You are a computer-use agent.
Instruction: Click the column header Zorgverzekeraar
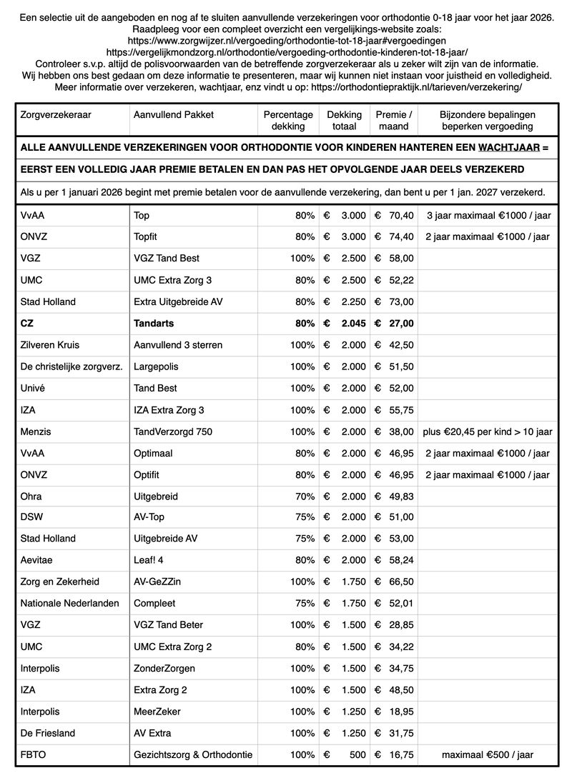pyautogui.click(x=56, y=114)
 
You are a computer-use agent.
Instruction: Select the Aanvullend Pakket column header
pyautogui.click(x=173, y=114)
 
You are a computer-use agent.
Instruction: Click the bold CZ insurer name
pyautogui.click(x=27, y=323)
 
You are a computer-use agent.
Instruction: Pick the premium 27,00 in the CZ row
pyautogui.click(x=399, y=323)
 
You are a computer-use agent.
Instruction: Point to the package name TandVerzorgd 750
pyautogui.click(x=172, y=432)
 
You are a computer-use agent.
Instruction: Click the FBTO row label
pyautogui.click(x=34, y=754)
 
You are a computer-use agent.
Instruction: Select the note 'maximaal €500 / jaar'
pyautogui.click(x=488, y=754)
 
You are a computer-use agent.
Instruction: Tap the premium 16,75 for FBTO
pyautogui.click(x=399, y=754)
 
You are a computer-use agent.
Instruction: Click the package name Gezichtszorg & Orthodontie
pyautogui.click(x=193, y=754)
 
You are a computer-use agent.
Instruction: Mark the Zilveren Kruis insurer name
pyautogui.click(x=49, y=344)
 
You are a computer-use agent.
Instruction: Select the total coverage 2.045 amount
pyautogui.click(x=353, y=323)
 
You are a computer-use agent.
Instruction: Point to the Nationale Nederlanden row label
pyautogui.click(x=70, y=603)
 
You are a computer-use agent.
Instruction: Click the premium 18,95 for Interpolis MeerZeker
pyautogui.click(x=399, y=712)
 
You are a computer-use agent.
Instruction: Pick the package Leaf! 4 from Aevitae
pyautogui.click(x=152, y=560)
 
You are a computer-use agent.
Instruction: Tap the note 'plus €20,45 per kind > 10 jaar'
pyautogui.click(x=488, y=432)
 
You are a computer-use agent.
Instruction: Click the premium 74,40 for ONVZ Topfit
pyautogui.click(x=399, y=236)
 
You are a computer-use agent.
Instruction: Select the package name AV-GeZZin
pyautogui.click(x=157, y=582)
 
